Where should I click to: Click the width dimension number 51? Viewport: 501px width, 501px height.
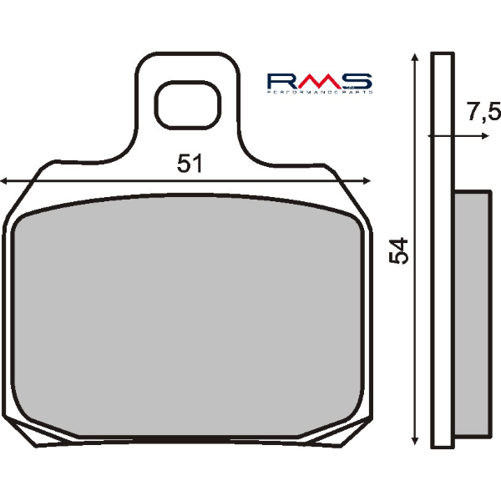(x=190, y=164)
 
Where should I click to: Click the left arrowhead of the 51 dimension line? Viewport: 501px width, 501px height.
(x=5, y=180)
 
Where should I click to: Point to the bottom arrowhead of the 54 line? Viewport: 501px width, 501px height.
(x=414, y=439)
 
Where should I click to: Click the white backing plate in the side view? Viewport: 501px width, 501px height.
(x=440, y=250)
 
